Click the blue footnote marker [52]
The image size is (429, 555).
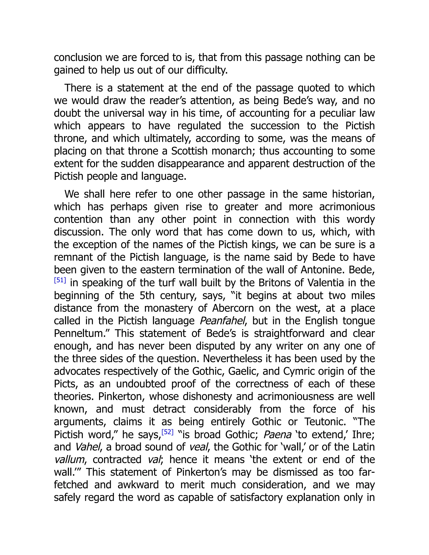click(x=168, y=432)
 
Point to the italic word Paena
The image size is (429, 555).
click(x=277, y=435)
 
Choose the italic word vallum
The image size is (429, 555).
click(x=69, y=460)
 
